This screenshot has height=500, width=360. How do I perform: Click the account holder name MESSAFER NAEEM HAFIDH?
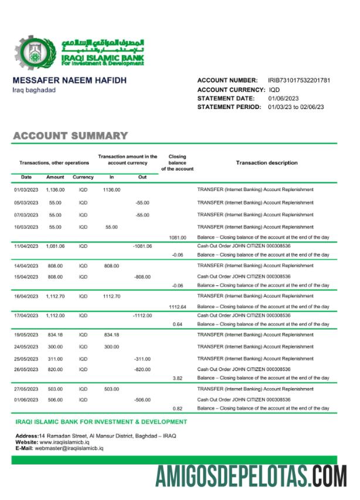point(70,80)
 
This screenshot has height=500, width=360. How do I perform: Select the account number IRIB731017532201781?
point(298,80)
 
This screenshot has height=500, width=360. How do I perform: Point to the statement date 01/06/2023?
point(283,98)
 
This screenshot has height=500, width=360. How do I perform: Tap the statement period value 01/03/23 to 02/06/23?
point(296,107)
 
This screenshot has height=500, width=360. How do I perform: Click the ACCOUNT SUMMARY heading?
point(70,136)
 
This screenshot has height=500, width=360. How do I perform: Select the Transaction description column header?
point(266,163)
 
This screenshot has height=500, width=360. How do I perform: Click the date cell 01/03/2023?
point(26,190)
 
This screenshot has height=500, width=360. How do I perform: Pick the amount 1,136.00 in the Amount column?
point(55,190)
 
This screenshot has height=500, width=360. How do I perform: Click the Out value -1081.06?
point(142,246)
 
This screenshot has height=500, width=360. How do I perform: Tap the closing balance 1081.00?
point(177,238)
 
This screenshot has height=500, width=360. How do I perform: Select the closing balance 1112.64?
point(177,307)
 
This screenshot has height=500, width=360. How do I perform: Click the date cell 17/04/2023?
point(26,315)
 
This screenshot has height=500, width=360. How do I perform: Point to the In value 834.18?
point(111,335)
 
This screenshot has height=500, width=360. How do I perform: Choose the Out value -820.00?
point(142,369)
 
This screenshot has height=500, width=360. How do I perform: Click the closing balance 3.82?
point(177,378)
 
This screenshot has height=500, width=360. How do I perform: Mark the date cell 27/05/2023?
point(26,389)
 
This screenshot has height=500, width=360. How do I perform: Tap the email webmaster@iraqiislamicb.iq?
point(70,448)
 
